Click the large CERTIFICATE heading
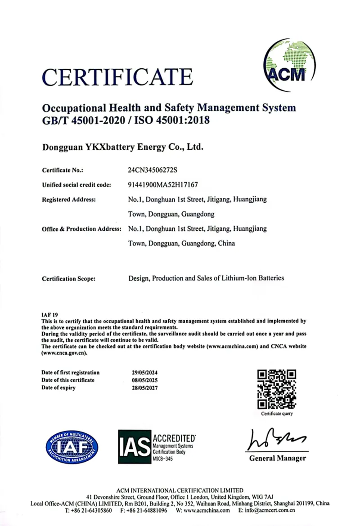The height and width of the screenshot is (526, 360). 118,76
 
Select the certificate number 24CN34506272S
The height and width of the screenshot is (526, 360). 153,170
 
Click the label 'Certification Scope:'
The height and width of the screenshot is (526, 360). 68,279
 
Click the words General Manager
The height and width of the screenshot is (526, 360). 277,458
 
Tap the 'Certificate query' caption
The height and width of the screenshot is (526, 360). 277,414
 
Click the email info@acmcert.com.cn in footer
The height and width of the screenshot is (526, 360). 270,511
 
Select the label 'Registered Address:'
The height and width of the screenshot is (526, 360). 68,199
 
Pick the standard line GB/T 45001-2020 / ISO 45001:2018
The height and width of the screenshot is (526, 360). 126,120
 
